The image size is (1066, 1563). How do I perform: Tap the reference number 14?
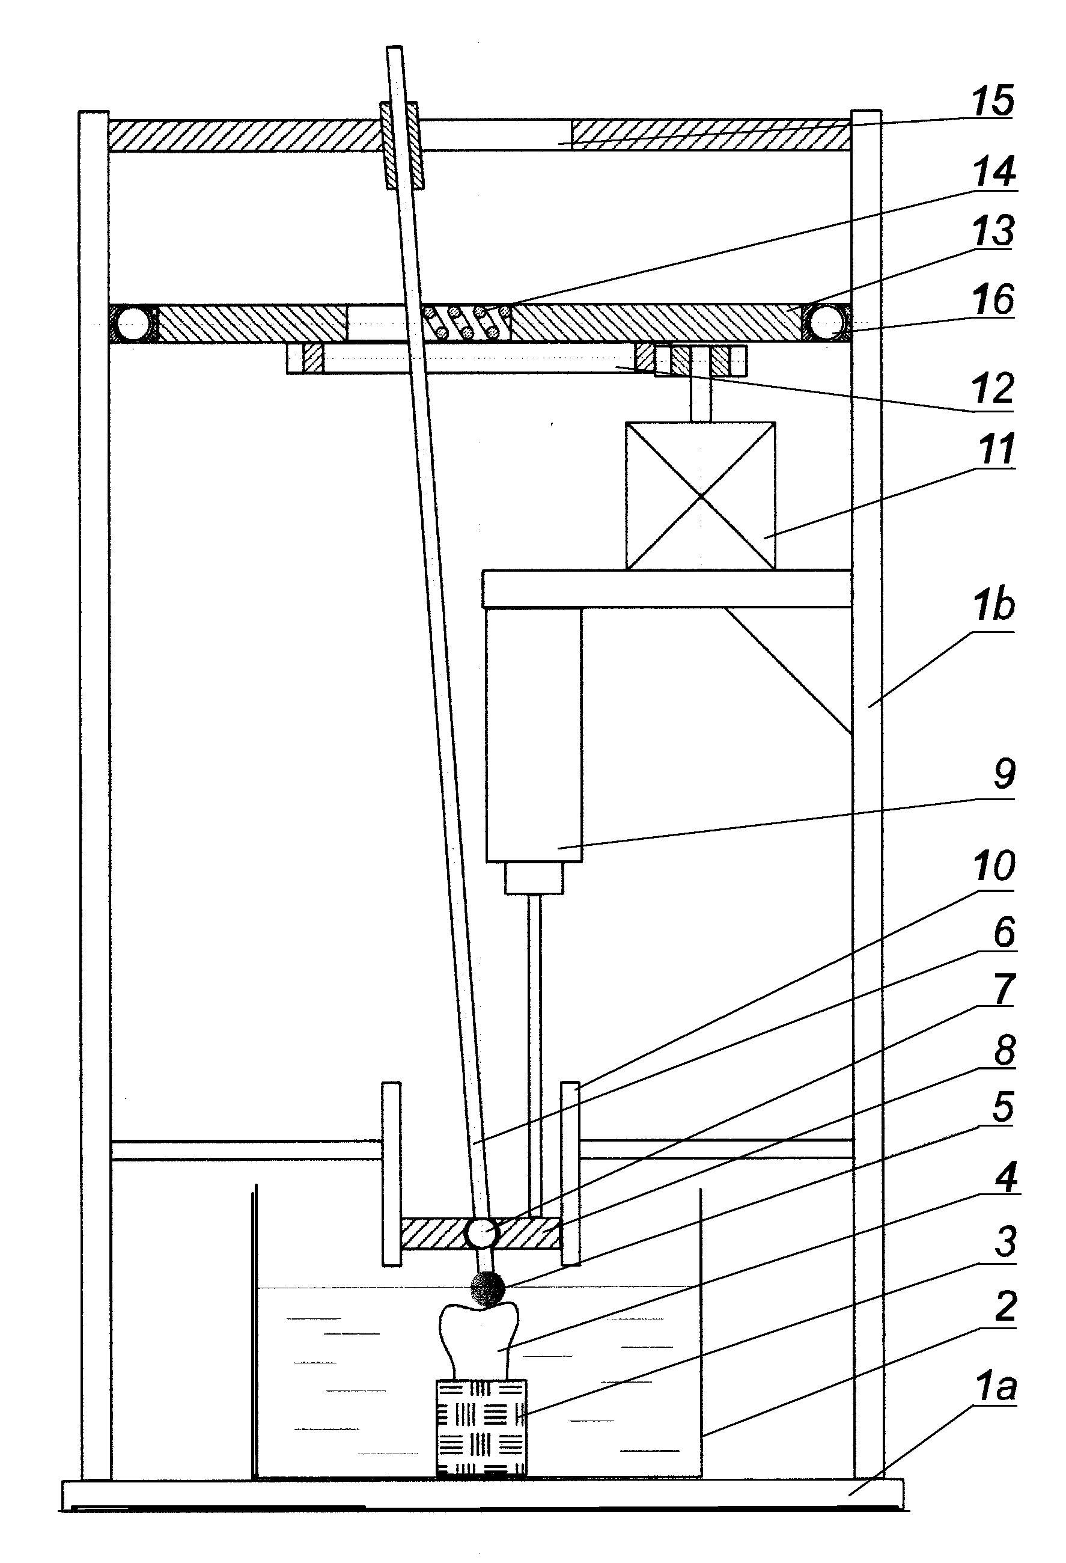(993, 171)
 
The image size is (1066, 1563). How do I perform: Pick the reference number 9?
(1004, 775)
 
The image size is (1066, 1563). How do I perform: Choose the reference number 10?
(993, 867)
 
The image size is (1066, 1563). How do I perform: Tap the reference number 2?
(1004, 1307)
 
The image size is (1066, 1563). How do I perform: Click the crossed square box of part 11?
(701, 496)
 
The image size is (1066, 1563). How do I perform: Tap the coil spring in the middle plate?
(466, 322)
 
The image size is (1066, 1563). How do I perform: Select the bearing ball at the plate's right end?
(827, 323)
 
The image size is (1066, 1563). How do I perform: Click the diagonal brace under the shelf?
(788, 670)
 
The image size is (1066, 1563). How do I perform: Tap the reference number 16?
(994, 301)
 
